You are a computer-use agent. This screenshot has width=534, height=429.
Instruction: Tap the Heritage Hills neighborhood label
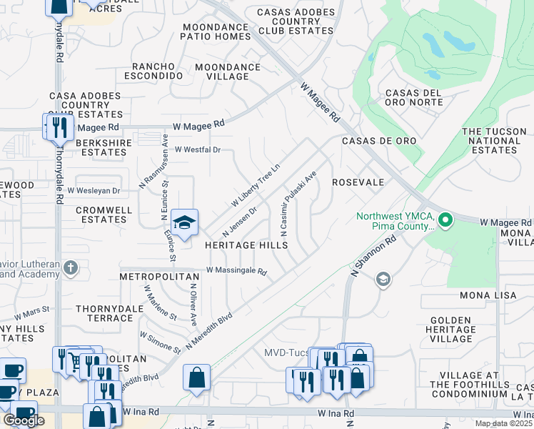(246, 245)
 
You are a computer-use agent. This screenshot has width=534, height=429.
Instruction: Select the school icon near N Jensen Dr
(184, 222)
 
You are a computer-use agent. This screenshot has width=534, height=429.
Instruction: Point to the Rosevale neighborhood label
(358, 183)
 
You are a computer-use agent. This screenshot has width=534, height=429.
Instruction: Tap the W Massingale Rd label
(236, 271)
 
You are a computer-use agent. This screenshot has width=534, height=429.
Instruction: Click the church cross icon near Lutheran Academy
(70, 268)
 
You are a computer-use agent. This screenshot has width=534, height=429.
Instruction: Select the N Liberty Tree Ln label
(255, 185)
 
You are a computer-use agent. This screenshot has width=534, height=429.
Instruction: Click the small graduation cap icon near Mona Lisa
(383, 280)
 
